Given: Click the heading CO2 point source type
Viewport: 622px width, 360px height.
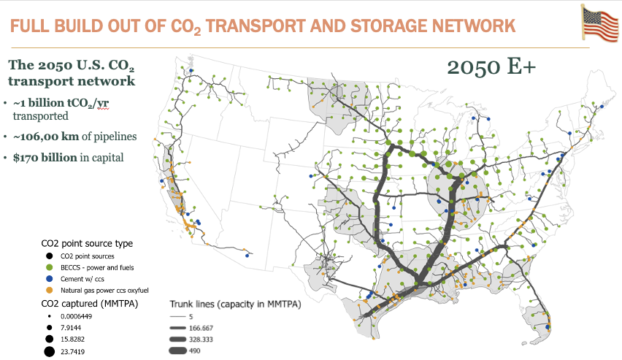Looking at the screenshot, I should pyautogui.click(x=87, y=243).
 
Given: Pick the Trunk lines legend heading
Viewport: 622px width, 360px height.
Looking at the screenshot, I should pyautogui.click(x=235, y=304).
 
